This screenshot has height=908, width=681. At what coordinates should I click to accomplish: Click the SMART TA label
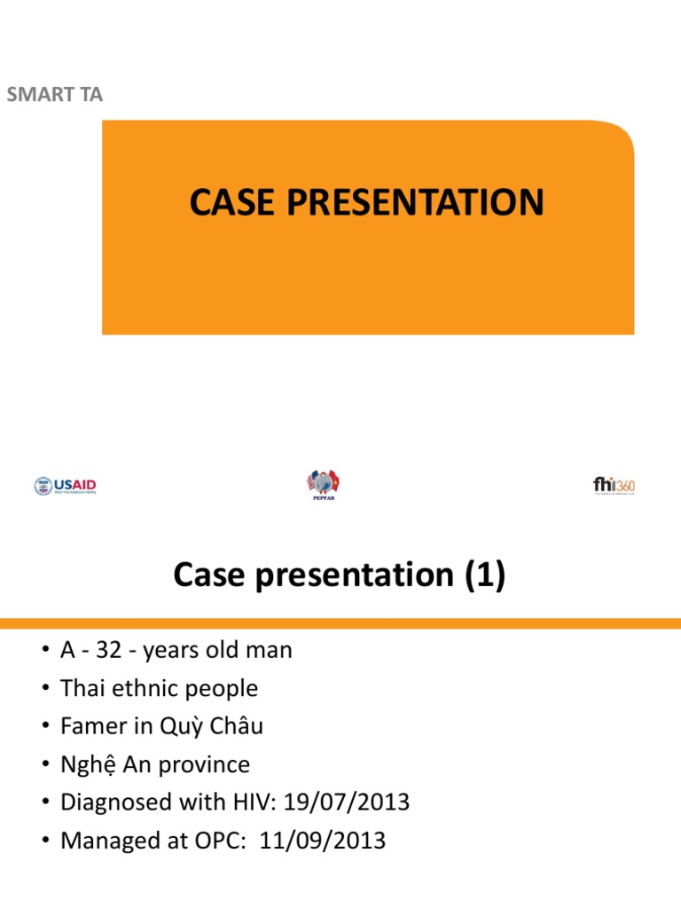(x=55, y=94)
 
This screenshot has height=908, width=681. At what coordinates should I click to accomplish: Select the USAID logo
(x=66, y=486)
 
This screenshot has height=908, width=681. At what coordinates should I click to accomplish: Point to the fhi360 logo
(x=614, y=485)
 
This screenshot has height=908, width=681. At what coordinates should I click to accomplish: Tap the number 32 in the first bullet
(x=110, y=650)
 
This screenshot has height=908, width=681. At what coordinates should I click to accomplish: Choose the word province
(x=203, y=764)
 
